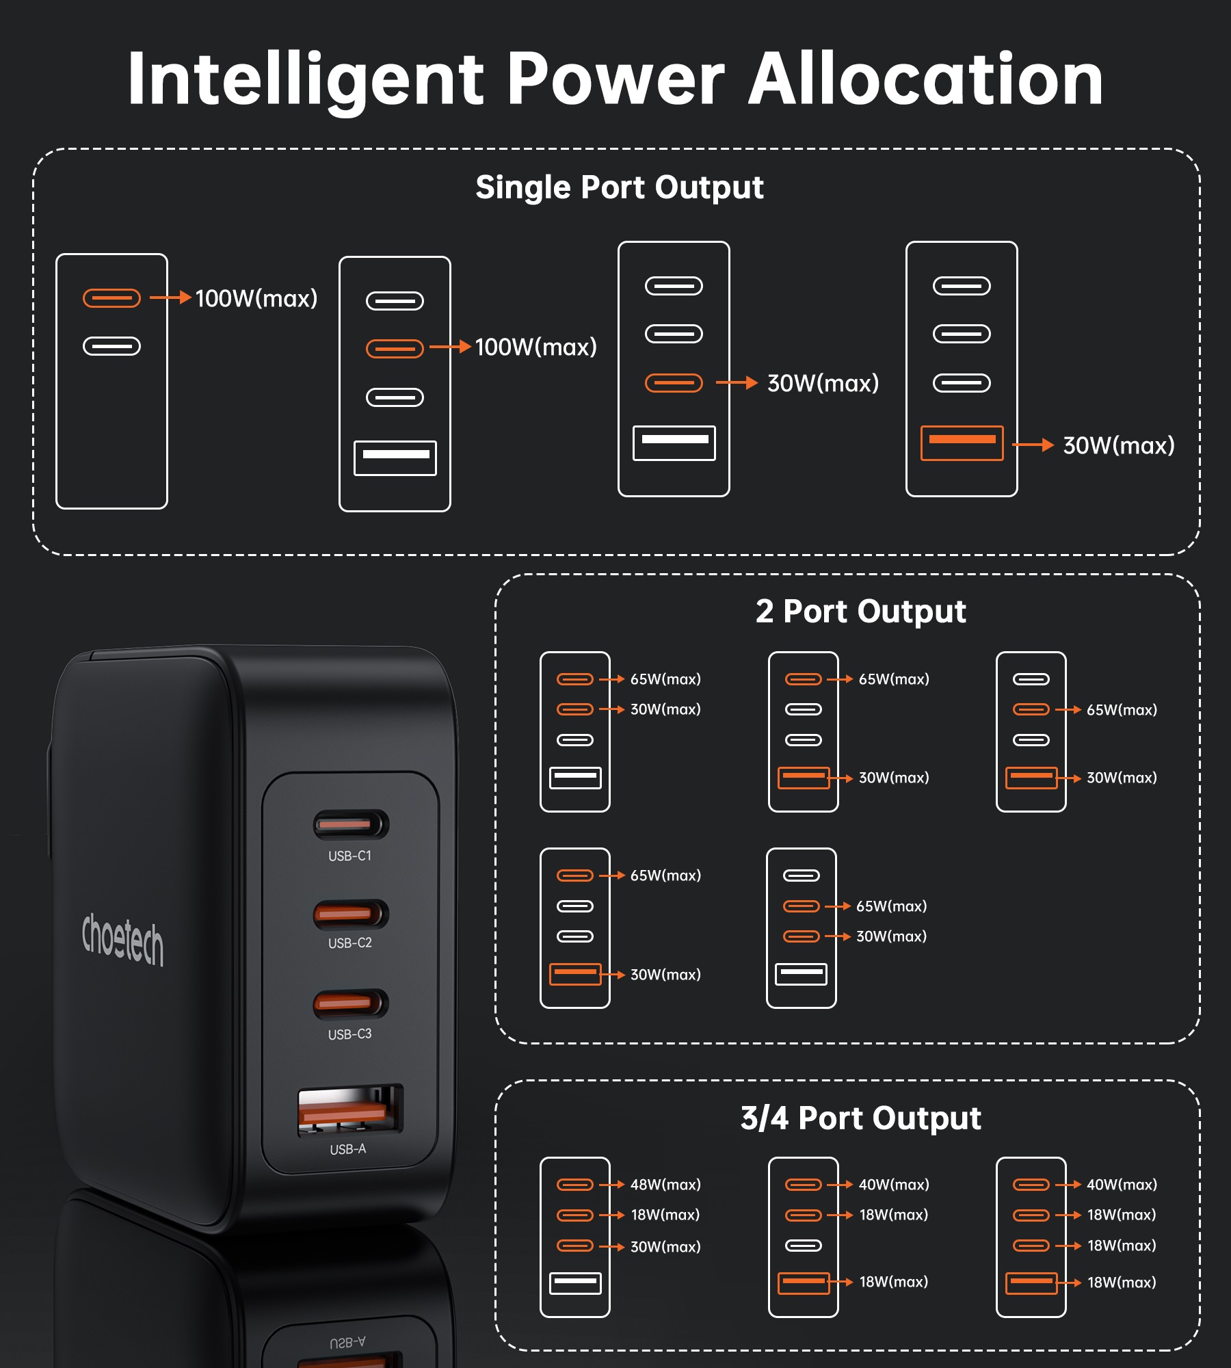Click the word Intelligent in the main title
(306, 79)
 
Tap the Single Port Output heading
(620, 187)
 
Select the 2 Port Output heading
(860, 611)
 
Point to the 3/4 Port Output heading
(860, 1118)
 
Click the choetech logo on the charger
(123, 938)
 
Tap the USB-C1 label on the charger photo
(349, 856)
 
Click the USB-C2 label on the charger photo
(349, 943)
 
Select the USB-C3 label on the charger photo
(349, 1034)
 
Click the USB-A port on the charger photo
(350, 1110)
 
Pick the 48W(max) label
(665, 1185)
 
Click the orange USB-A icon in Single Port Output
(962, 443)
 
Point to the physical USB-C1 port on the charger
(351, 825)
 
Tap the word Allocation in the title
(926, 79)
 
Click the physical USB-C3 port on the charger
(351, 1003)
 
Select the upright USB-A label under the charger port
(347, 1149)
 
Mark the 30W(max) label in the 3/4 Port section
(665, 1247)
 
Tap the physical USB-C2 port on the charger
(351, 915)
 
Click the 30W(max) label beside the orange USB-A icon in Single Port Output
(1119, 446)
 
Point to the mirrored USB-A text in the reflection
(347, 1343)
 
